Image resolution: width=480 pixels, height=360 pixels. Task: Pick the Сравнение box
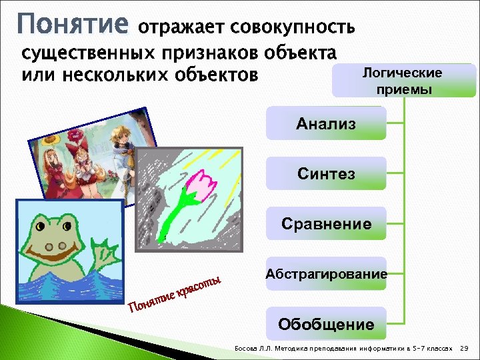click(326, 224)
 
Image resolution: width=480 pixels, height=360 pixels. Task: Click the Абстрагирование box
click(326, 274)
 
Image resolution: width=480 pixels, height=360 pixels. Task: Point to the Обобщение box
click(326, 325)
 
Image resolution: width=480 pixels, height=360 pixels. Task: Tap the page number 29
click(465, 349)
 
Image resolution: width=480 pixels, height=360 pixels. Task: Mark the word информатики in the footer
click(370, 349)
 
